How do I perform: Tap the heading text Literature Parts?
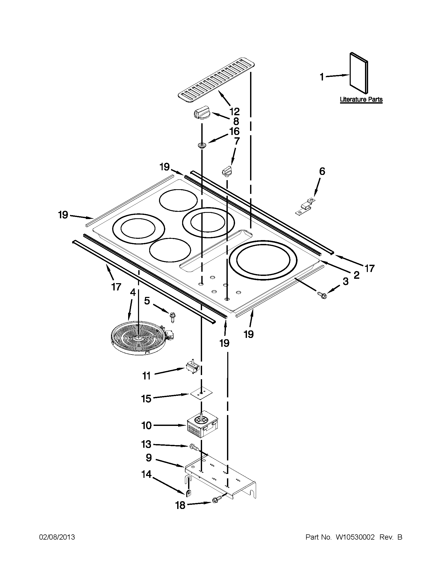pos(361,100)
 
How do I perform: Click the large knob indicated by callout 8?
pos(202,114)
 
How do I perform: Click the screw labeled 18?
pos(217,499)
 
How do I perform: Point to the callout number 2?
pos(356,275)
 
